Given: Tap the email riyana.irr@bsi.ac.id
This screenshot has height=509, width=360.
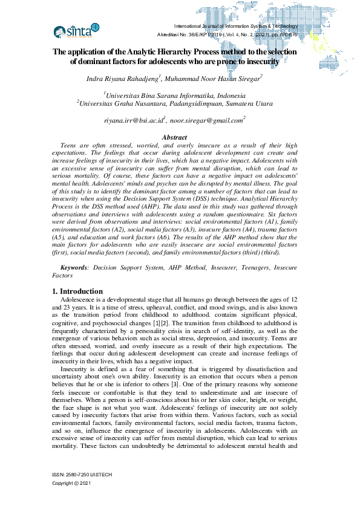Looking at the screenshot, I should (134, 121).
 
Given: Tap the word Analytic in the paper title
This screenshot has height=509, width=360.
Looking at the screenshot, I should (134, 52).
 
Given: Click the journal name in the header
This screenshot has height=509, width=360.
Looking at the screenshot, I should (237, 27).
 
